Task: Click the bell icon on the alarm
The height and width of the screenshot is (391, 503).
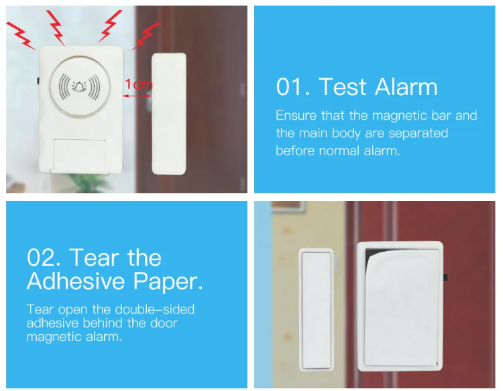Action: pos(79,86)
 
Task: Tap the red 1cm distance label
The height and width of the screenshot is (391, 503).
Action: pos(139,84)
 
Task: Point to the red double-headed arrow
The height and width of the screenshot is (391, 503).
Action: pos(137,96)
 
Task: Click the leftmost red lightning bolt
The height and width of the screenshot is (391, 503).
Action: pos(21,35)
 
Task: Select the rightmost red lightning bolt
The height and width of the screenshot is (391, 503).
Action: pos(146,35)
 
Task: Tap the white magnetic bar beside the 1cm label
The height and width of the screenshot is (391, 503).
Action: pos(169,114)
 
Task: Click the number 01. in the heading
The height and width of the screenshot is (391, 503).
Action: pos(293,87)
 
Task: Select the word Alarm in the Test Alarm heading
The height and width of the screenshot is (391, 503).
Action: pos(406,87)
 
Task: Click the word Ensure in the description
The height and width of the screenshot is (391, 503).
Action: pos(296,115)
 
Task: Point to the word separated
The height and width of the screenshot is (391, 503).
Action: pos(418,133)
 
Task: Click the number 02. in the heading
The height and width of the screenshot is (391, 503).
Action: pos(44,258)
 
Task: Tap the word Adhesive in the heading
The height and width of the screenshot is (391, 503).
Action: pos(76,281)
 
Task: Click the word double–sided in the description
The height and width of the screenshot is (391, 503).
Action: pos(155,309)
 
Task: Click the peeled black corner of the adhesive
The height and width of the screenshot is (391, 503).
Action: pos(372,255)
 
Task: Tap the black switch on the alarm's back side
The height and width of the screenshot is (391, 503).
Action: pos(445,278)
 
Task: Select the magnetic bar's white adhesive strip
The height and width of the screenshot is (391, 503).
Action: pos(317,310)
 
